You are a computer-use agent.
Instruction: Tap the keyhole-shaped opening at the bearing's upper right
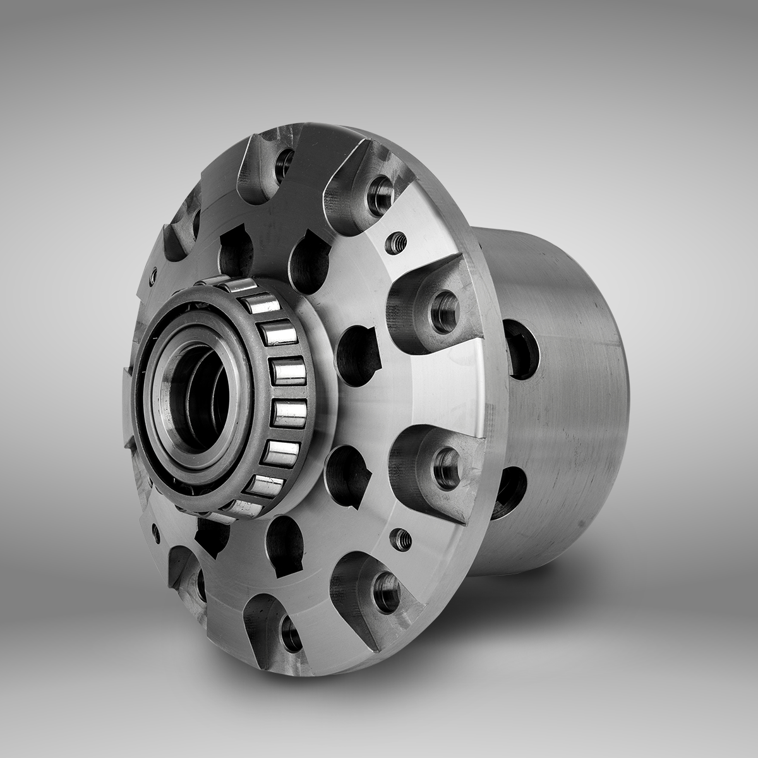pyautogui.click(x=310, y=259)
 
